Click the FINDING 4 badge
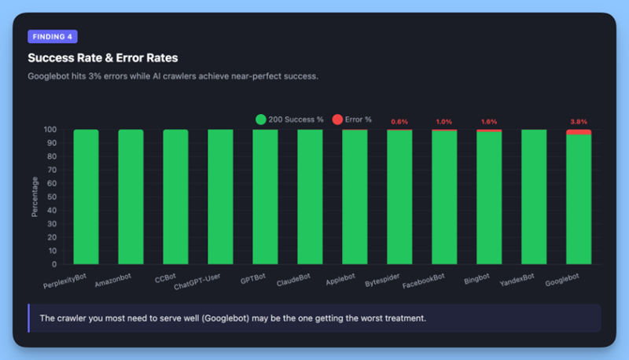52,36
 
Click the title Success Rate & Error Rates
102,57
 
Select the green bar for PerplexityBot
86,197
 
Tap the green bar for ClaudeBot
310,197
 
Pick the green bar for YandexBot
534,197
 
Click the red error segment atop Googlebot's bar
579,132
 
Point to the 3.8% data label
579,122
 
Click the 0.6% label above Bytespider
399,122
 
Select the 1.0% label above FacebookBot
444,122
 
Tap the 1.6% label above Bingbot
489,122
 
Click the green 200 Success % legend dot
261,119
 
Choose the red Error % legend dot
337,119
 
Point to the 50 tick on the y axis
52,197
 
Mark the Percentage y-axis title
35,197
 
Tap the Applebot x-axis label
340,280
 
